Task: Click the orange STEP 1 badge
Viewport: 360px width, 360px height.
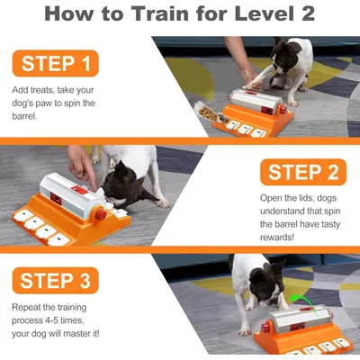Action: [56, 63]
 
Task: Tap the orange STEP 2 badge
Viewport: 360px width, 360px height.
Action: [303, 172]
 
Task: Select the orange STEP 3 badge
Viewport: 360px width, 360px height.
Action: [56, 281]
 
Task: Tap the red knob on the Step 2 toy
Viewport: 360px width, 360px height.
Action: [101, 214]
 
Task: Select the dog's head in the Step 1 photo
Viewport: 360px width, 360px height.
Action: [284, 56]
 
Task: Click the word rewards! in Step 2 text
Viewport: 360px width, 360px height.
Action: [277, 238]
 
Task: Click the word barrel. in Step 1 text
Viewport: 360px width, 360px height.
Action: [24, 116]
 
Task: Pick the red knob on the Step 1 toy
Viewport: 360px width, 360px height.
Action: [283, 110]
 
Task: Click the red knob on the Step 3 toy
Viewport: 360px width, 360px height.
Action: [265, 328]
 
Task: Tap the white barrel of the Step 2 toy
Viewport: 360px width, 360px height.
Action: [72, 195]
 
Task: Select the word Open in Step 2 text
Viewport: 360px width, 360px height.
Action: [271, 198]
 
